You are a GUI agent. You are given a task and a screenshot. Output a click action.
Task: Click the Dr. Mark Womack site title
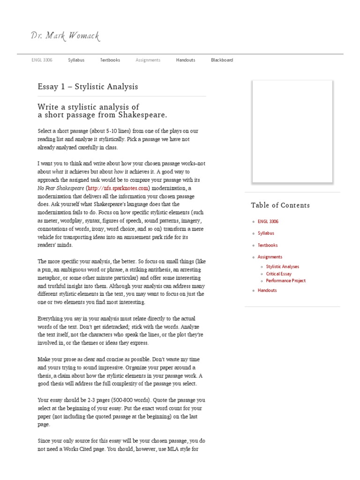pyautogui.click(x=65, y=36)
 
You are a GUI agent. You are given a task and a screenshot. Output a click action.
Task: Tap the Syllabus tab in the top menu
pyautogui.click(x=76, y=60)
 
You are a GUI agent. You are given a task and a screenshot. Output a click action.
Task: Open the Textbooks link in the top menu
pyautogui.click(x=110, y=60)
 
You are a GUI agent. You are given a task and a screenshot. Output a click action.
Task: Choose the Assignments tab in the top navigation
pyautogui.click(x=148, y=60)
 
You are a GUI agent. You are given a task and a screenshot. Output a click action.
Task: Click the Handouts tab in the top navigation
pyautogui.click(x=186, y=60)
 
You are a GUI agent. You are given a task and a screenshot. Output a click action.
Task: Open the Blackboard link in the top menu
pyautogui.click(x=222, y=60)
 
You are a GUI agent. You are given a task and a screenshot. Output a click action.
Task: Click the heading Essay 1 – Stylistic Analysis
pyautogui.click(x=88, y=87)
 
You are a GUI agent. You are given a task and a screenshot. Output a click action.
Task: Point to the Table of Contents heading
pyautogui.click(x=280, y=205)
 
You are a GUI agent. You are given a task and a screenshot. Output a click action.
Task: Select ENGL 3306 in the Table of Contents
pyautogui.click(x=268, y=221)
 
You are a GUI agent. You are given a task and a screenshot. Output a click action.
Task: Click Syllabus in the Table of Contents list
pyautogui.click(x=266, y=233)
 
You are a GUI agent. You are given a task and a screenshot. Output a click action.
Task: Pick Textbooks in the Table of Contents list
pyautogui.click(x=268, y=245)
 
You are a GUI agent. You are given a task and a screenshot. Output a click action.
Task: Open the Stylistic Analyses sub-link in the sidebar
pyautogui.click(x=282, y=267)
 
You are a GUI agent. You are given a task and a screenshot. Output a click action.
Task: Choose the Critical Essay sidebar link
pyautogui.click(x=278, y=274)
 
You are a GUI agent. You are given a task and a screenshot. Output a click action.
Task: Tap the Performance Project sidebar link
pyautogui.click(x=285, y=281)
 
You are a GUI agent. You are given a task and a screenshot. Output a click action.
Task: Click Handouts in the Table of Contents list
pyautogui.click(x=267, y=291)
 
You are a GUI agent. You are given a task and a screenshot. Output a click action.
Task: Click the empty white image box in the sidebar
pyautogui.click(x=292, y=131)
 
